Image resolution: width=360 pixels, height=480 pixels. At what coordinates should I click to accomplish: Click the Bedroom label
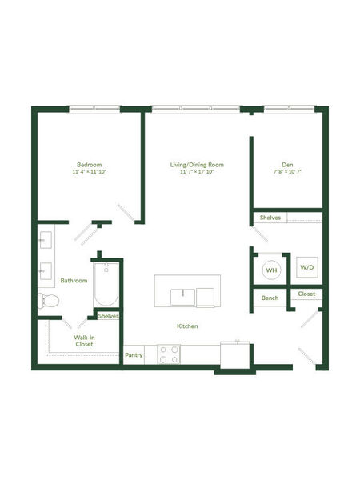pyautogui.click(x=89, y=165)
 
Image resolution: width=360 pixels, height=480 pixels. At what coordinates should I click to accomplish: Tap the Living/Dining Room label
pyautogui.click(x=197, y=165)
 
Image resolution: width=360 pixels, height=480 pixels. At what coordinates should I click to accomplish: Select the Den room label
pyautogui.click(x=287, y=165)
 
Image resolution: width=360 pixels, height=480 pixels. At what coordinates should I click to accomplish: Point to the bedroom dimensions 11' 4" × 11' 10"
pyautogui.click(x=89, y=172)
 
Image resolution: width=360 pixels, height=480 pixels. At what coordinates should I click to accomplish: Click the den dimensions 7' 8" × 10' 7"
pyautogui.click(x=287, y=172)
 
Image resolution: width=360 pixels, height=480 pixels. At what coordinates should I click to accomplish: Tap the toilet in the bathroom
pyautogui.click(x=48, y=301)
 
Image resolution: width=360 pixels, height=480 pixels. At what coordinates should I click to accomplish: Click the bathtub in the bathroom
pyautogui.click(x=106, y=284)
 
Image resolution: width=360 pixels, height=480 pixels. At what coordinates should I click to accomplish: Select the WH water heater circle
pyautogui.click(x=271, y=270)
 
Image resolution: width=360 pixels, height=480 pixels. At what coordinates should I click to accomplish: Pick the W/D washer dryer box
pyautogui.click(x=307, y=267)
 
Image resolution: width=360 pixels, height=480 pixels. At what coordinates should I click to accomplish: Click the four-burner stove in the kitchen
pyautogui.click(x=169, y=354)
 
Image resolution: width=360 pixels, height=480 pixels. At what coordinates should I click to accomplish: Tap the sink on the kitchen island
pyautogui.click(x=182, y=297)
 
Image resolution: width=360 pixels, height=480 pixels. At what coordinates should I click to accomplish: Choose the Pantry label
pyautogui.click(x=134, y=355)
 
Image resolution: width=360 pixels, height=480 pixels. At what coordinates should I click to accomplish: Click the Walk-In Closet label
pyautogui.click(x=84, y=341)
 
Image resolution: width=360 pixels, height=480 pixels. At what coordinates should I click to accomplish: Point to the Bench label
pyautogui.click(x=270, y=298)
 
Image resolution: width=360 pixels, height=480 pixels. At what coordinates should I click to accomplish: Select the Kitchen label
pyautogui.click(x=187, y=326)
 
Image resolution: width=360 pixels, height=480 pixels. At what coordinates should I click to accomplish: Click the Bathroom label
pyautogui.click(x=74, y=281)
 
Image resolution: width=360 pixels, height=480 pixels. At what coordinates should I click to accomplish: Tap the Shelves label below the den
pyautogui.click(x=270, y=218)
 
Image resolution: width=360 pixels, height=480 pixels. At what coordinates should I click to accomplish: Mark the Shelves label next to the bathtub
pyautogui.click(x=108, y=316)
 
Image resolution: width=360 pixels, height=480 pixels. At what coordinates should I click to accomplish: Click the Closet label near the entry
pyautogui.click(x=306, y=294)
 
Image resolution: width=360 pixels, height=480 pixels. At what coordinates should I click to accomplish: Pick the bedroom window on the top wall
pyautogui.click(x=94, y=108)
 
